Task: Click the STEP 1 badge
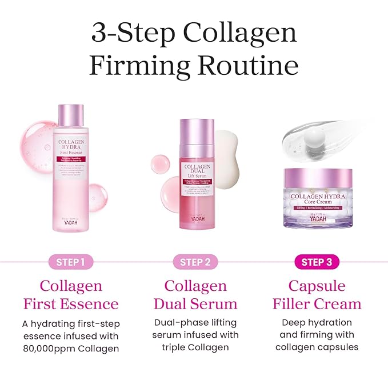click(71, 262)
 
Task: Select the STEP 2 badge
click(195, 262)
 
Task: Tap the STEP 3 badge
click(319, 262)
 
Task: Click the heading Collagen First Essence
click(71, 294)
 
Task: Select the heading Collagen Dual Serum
click(195, 294)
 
